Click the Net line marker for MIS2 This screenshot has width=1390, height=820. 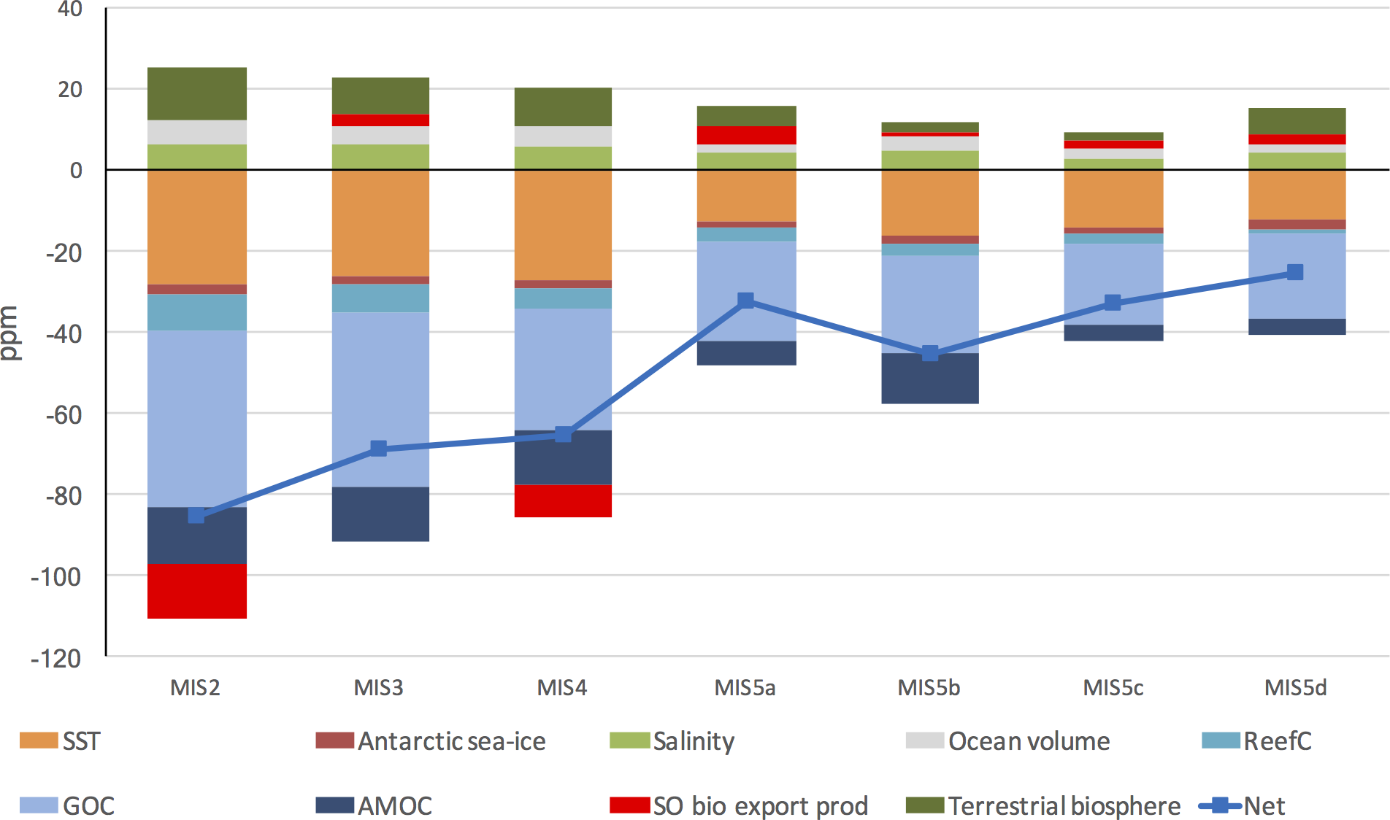(196, 516)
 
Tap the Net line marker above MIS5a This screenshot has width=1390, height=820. (745, 301)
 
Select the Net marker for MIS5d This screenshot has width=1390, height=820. (1295, 272)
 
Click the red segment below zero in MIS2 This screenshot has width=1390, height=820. (197, 591)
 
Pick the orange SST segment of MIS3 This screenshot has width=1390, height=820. (380, 223)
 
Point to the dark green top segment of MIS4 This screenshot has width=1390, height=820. (563, 107)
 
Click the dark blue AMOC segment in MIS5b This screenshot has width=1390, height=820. (930, 378)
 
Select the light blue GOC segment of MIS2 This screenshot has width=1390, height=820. (197, 418)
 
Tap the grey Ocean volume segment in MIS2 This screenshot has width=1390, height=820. (197, 132)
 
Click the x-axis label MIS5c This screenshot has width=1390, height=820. (1113, 688)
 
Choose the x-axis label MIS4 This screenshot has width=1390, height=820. (562, 688)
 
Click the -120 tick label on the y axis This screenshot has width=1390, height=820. (56, 659)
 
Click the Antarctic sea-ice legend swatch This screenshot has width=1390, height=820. (334, 740)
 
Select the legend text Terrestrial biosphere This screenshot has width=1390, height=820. (1064, 806)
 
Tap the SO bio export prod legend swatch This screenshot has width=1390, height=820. (629, 805)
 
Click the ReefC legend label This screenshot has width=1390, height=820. (1278, 741)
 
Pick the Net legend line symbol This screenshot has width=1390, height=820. (1220, 806)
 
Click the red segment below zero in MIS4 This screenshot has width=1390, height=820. (563, 500)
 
